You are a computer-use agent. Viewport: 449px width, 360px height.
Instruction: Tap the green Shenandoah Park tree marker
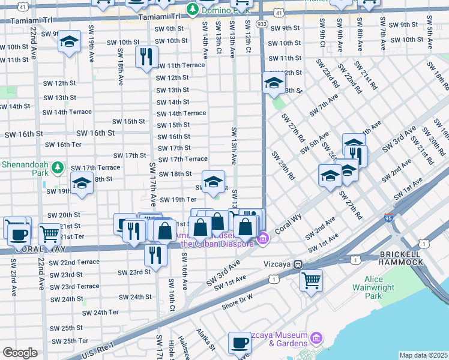[x=58, y=167]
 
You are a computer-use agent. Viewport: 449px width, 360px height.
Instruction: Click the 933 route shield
[x=262, y=23]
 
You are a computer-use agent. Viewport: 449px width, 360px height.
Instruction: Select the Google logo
[x=20, y=353]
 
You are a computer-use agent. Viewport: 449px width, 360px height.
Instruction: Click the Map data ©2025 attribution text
[x=423, y=355]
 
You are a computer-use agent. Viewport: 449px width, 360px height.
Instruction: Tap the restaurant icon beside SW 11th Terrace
[x=146, y=57]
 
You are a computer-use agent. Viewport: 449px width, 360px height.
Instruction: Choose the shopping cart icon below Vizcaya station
[x=311, y=280]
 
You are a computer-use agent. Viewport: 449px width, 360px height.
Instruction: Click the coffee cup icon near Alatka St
[x=240, y=343]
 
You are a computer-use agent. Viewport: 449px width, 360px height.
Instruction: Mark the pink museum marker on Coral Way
[x=262, y=240]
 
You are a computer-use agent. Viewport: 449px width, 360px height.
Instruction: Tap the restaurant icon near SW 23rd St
[x=155, y=254]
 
